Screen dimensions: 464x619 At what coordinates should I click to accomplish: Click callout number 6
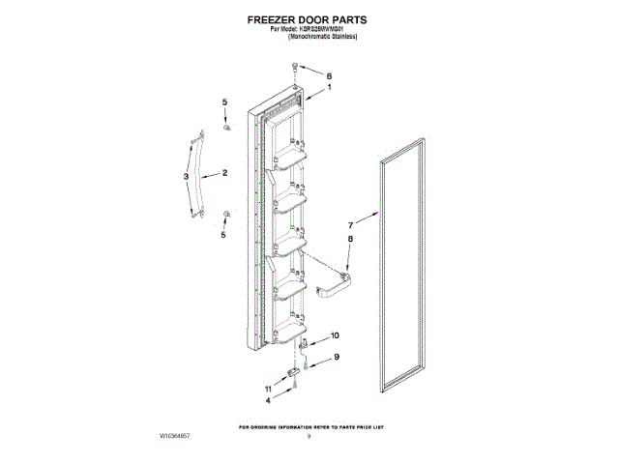pos(328,75)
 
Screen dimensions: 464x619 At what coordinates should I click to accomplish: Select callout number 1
pos(328,88)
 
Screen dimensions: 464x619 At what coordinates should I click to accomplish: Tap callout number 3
pos(186,177)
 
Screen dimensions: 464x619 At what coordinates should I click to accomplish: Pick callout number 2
pos(224,174)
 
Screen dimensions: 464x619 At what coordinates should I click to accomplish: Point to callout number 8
pos(351,239)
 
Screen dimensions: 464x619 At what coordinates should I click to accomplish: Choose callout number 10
pos(336,335)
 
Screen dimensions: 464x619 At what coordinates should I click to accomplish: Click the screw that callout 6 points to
pos(294,69)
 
